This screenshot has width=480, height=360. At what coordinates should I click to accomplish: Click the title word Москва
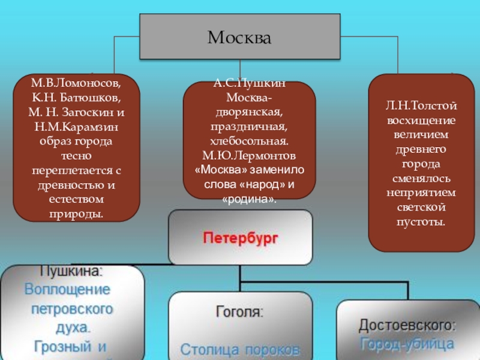[239, 38]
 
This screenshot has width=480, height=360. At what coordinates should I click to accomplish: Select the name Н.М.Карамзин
[76, 127]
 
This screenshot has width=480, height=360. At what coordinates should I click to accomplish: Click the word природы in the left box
[76, 214]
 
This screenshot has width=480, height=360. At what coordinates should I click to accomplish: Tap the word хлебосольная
[249, 140]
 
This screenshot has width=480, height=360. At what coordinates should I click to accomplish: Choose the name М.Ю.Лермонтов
[249, 155]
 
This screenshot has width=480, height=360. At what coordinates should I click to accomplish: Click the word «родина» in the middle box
[249, 199]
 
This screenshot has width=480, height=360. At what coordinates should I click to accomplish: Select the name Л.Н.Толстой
[421, 106]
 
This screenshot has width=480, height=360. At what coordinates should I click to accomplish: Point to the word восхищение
[421, 120]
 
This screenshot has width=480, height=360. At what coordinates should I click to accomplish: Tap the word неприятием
[421, 193]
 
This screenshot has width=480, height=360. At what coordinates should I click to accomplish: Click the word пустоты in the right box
[421, 222]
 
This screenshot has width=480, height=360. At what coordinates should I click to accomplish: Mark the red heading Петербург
[240, 238]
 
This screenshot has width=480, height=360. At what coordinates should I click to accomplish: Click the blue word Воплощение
[67, 289]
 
